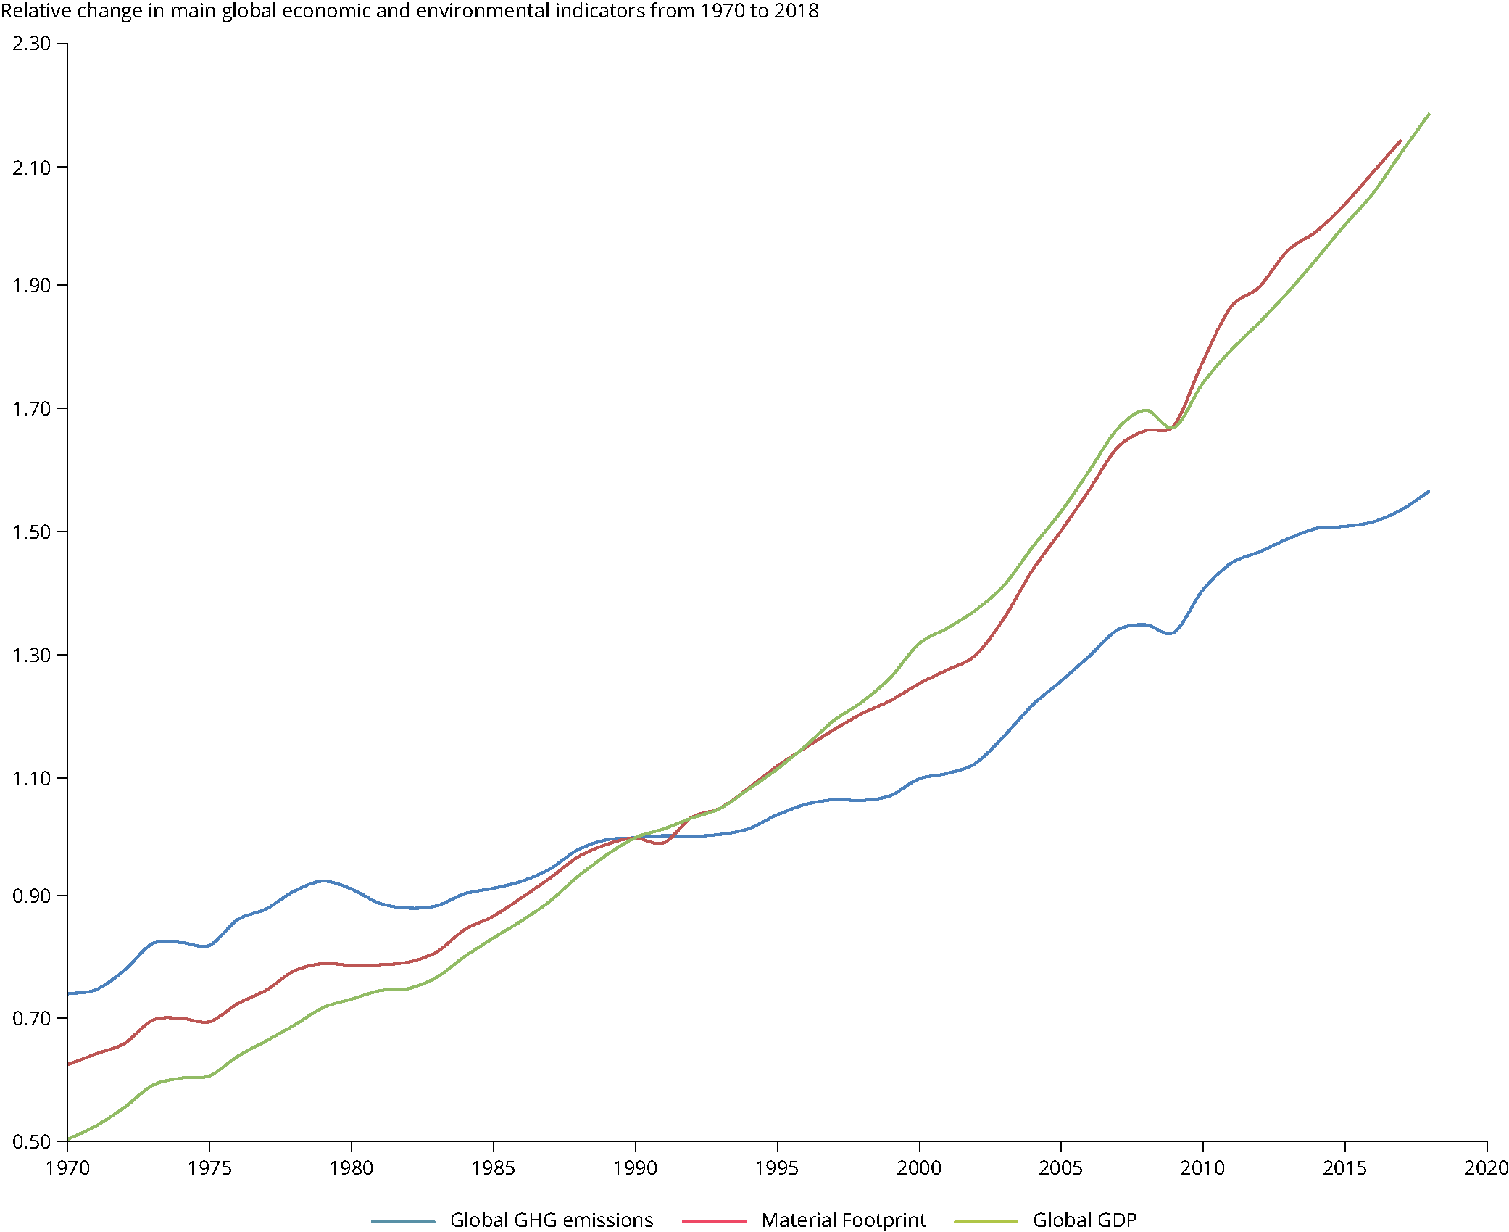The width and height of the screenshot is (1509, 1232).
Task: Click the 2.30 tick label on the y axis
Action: [31, 44]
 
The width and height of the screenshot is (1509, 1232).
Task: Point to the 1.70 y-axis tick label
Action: [31, 409]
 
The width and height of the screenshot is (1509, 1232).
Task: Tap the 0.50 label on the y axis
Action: [31, 1142]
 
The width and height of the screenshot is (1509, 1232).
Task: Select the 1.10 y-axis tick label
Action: [31, 779]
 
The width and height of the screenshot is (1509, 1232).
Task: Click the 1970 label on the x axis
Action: [67, 1168]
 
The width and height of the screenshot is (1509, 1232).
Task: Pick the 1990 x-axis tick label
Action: [636, 1168]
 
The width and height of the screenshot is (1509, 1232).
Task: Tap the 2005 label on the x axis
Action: [1061, 1168]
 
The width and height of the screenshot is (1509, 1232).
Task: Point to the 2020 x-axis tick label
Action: [1486, 1168]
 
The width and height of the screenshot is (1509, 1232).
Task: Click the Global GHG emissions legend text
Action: [552, 1220]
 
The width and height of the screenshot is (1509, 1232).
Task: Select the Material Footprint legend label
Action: [844, 1220]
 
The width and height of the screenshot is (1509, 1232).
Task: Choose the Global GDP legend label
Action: [1085, 1220]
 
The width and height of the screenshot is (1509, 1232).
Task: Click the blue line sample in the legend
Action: [403, 1222]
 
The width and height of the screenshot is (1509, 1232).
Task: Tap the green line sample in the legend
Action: [986, 1222]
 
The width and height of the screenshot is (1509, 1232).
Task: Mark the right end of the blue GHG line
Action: [1429, 492]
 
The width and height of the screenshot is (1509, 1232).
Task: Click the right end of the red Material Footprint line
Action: [1400, 141]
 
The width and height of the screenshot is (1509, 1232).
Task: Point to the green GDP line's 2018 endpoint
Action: [1429, 114]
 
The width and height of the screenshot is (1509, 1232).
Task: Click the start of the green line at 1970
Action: [68, 1139]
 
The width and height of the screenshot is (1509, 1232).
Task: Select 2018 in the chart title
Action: [796, 11]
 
